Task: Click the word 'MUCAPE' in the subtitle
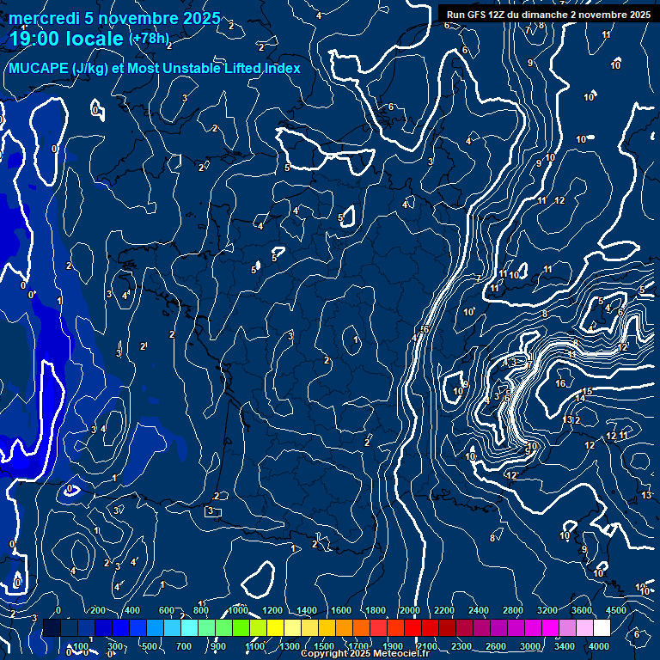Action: point(40,69)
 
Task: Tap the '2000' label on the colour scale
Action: point(410,610)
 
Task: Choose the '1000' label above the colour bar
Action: point(239,610)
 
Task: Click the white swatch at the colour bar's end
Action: point(602,628)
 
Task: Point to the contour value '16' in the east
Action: point(560,383)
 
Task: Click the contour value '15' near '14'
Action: point(587,392)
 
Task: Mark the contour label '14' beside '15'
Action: point(580,399)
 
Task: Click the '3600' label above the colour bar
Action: point(581,610)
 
